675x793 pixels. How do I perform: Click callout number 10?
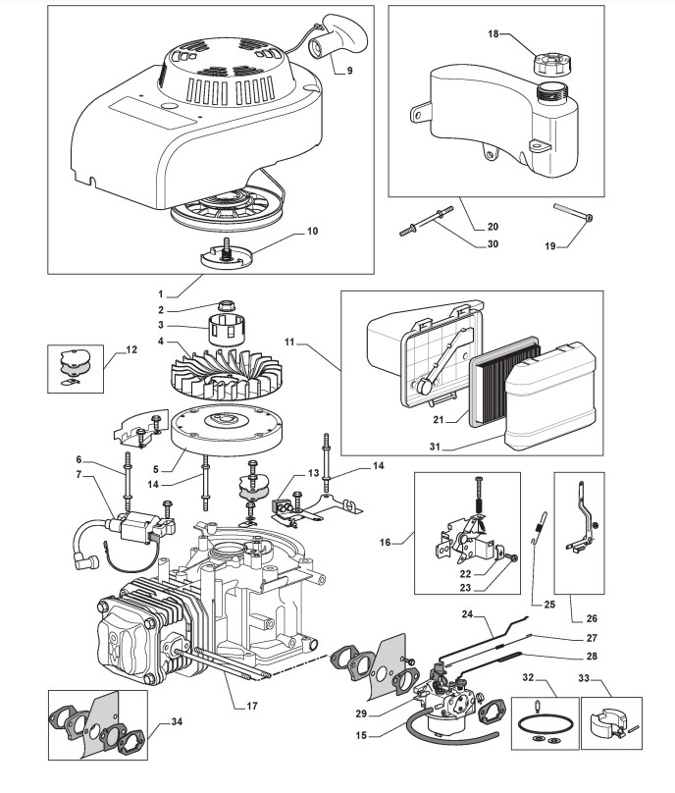(312, 231)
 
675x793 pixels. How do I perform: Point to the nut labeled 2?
(225, 306)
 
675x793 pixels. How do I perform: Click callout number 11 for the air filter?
(289, 343)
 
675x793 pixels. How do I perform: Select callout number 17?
(252, 706)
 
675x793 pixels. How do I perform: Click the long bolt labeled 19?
(573, 212)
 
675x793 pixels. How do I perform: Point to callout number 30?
(493, 243)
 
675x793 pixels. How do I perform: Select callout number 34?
(177, 721)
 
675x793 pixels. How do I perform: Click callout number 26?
(592, 618)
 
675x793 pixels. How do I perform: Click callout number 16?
(386, 542)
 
